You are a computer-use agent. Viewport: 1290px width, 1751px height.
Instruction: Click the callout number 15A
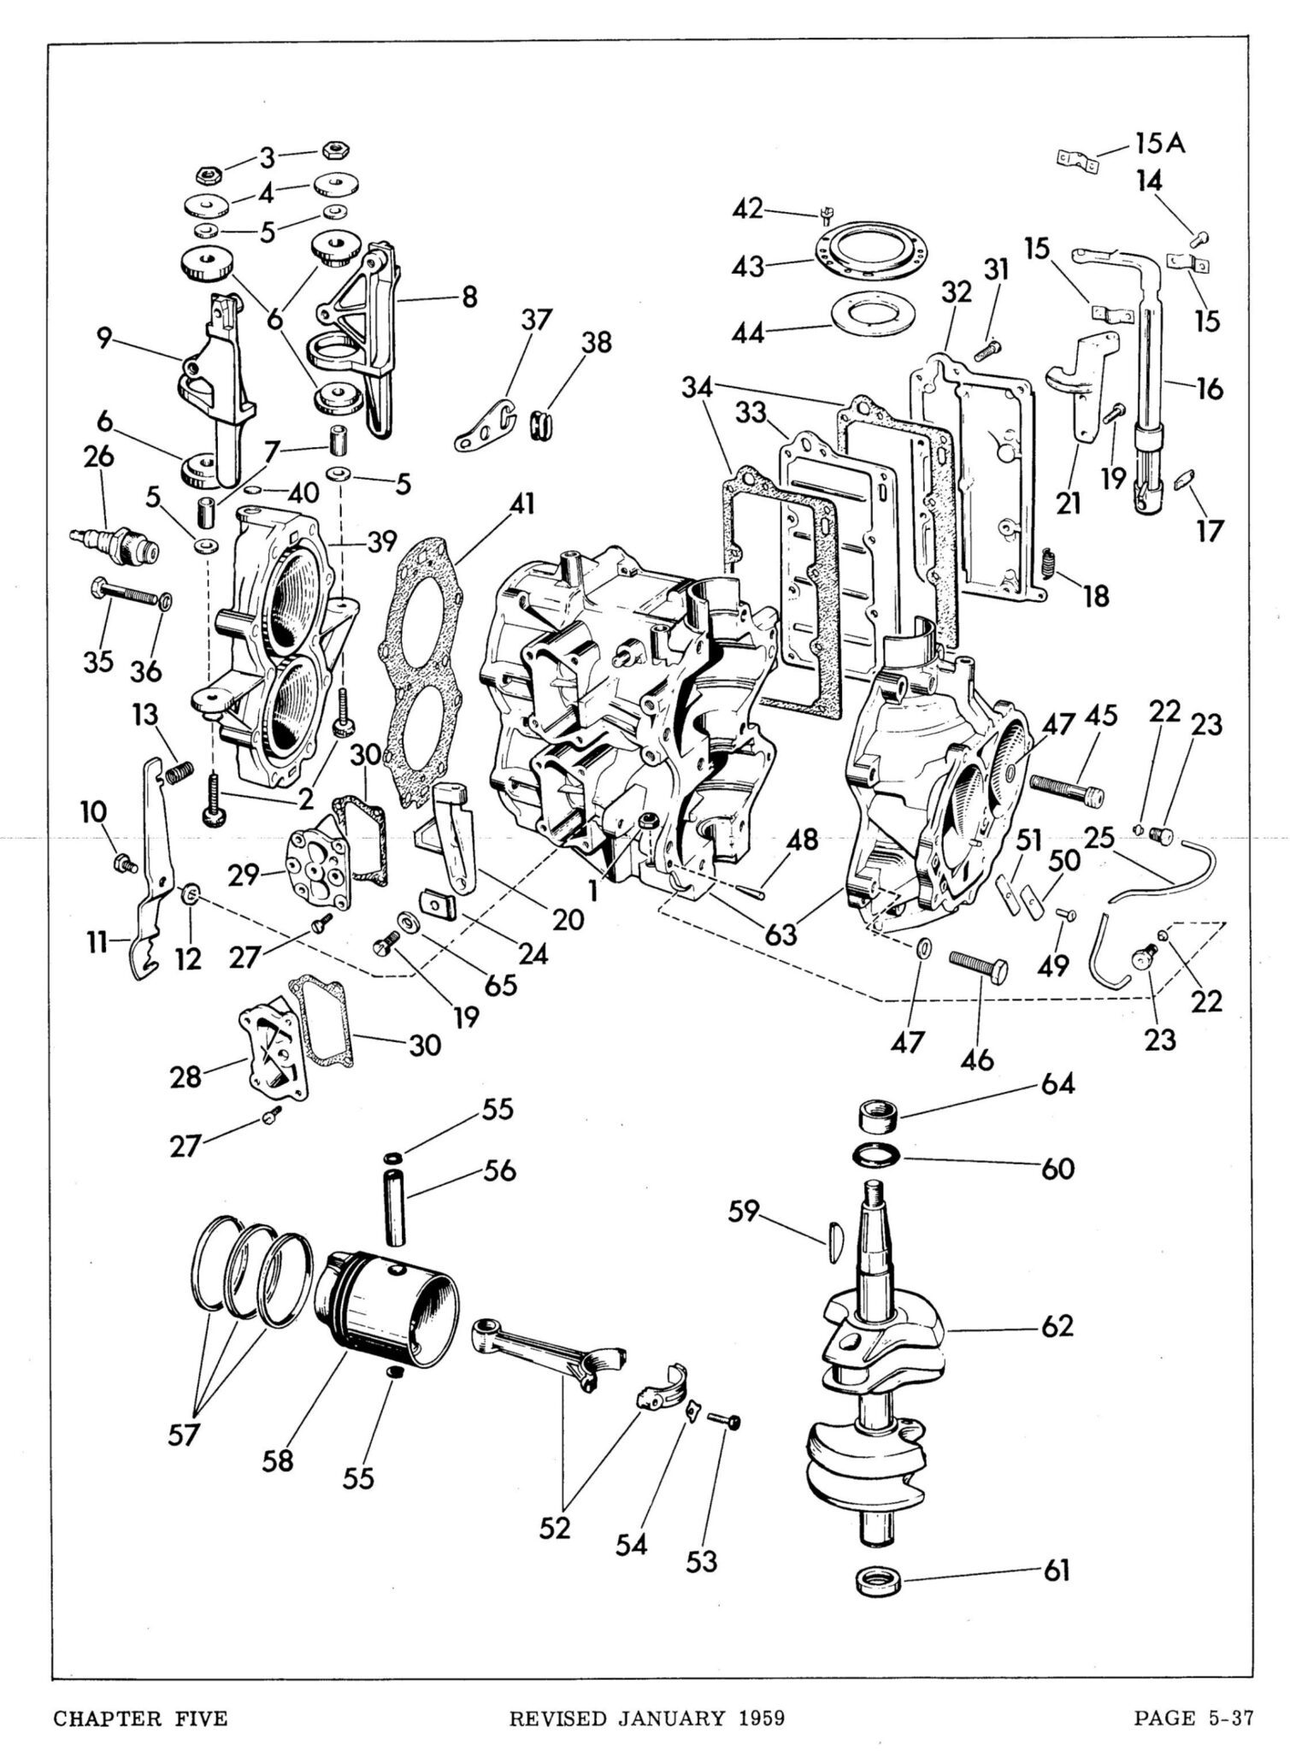pos(1160,143)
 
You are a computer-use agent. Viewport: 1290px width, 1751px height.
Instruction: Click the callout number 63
pos(780,934)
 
